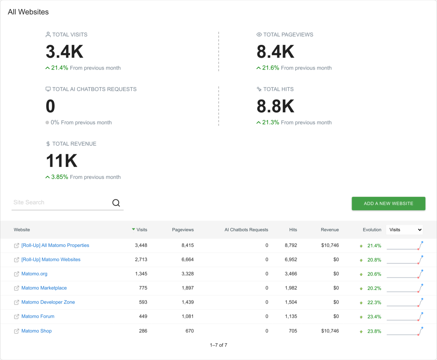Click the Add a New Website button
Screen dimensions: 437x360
coord(388,204)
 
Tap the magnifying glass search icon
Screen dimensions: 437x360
coord(116,203)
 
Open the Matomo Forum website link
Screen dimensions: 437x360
coord(38,316)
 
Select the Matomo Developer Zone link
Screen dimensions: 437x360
coord(48,302)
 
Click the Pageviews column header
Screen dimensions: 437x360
coord(183,230)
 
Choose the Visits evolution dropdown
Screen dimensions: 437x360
coord(405,230)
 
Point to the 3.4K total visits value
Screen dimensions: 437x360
coord(64,52)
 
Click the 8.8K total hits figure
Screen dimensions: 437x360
coord(275,106)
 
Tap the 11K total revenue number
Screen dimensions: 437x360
coord(61,161)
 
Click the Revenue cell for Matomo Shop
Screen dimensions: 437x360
coord(330,331)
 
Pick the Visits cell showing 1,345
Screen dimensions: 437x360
coord(141,274)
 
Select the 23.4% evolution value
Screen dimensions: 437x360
coord(374,316)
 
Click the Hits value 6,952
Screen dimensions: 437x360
coord(291,259)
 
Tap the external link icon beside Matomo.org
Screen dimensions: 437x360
coord(17,274)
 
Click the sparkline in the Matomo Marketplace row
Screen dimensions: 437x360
coord(405,288)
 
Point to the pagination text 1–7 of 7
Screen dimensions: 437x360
coord(218,345)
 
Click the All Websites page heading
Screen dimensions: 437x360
coord(28,12)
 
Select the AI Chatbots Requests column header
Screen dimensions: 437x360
coord(246,230)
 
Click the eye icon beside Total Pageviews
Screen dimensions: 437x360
coord(259,35)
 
